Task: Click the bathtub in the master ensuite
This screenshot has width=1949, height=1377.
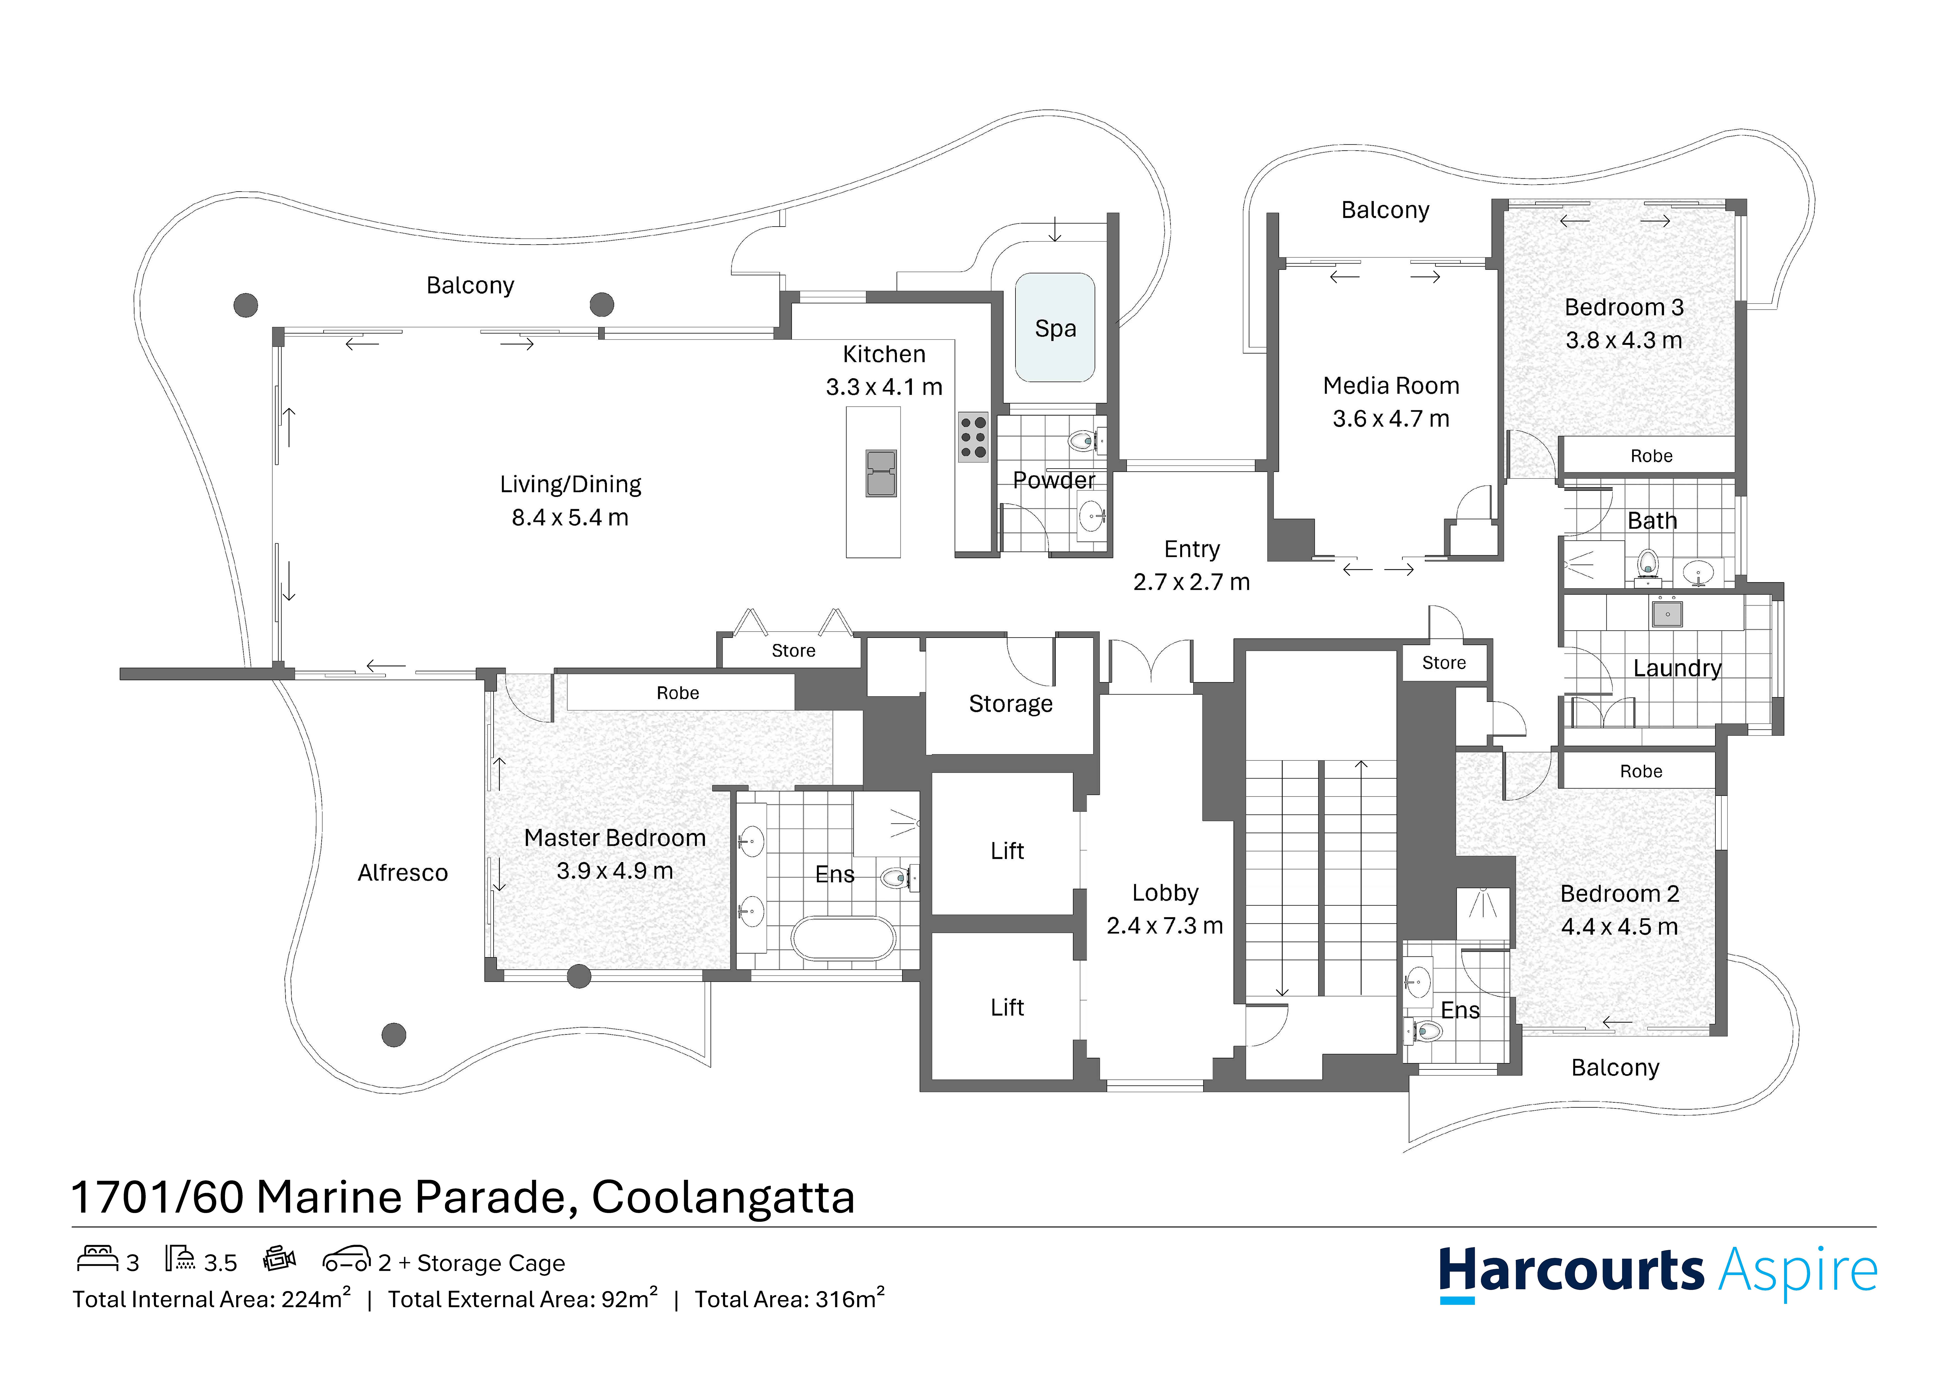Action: point(843,939)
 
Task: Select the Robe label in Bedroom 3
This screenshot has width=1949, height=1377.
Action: point(1651,456)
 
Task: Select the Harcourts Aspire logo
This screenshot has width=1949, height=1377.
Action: point(1657,1273)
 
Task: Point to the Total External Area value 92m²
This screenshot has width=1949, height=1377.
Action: point(629,1299)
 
